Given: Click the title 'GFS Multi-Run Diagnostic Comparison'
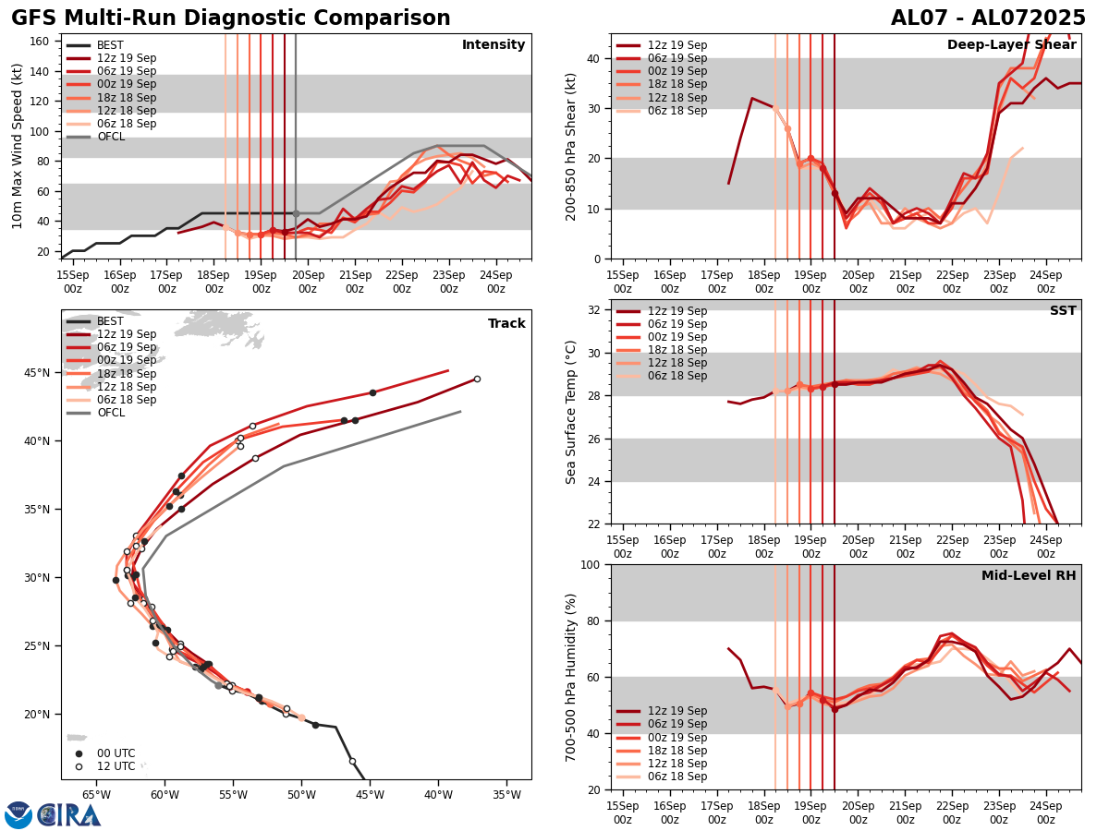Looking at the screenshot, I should pyautogui.click(x=231, y=18).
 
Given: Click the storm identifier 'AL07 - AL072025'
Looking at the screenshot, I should pyautogui.click(x=988, y=18).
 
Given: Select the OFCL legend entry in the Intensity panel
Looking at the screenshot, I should pyautogui.click(x=110, y=137).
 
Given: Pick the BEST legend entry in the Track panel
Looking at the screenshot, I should pyautogui.click(x=110, y=321).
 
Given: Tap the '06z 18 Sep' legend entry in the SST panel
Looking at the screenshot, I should pyautogui.click(x=677, y=376).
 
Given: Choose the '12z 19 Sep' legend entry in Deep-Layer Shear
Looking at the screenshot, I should pyautogui.click(x=677, y=45).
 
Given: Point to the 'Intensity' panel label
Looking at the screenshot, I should pyautogui.click(x=494, y=45).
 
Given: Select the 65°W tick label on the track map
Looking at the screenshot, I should pyautogui.click(x=96, y=794).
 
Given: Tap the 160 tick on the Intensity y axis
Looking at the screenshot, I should pyautogui.click(x=41, y=41).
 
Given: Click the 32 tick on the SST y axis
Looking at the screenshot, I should pyautogui.click(x=595, y=310).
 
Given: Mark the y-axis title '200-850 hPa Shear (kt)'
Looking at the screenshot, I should pyautogui.click(x=571, y=146).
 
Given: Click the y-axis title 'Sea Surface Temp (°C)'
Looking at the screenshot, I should pyautogui.click(x=571, y=412).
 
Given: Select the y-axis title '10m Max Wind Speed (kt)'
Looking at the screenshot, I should pyautogui.click(x=18, y=146).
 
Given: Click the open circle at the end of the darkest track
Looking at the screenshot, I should pyautogui.click(x=477, y=379).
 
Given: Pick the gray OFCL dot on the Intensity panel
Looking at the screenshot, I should pyautogui.click(x=296, y=213).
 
